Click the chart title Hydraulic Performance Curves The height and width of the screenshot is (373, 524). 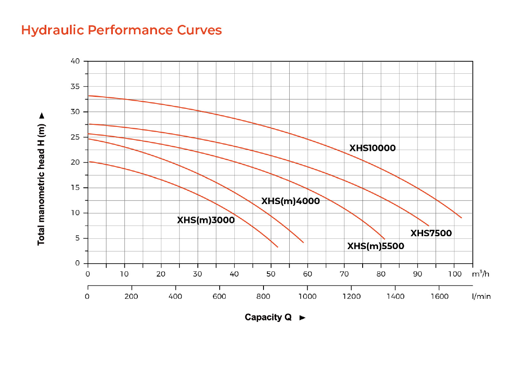(x=121, y=30)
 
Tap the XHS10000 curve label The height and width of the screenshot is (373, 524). (x=372, y=148)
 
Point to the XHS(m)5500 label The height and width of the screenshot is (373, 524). (x=376, y=246)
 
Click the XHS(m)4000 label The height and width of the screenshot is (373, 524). (x=291, y=201)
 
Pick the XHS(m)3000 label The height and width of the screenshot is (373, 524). (x=206, y=220)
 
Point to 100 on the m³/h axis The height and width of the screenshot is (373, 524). (x=454, y=274)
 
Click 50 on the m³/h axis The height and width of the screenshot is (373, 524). (x=271, y=274)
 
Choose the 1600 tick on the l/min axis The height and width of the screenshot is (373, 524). (x=440, y=296)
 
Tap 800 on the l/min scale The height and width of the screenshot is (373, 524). (x=263, y=296)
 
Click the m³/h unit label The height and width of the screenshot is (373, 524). (x=480, y=274)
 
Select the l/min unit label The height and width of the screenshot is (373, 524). (x=481, y=296)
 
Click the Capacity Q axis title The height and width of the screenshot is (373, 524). (x=268, y=317)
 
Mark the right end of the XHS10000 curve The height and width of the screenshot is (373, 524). (x=461, y=218)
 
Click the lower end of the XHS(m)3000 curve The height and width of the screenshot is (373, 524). (x=278, y=247)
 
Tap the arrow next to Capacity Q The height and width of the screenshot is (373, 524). (x=303, y=318)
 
